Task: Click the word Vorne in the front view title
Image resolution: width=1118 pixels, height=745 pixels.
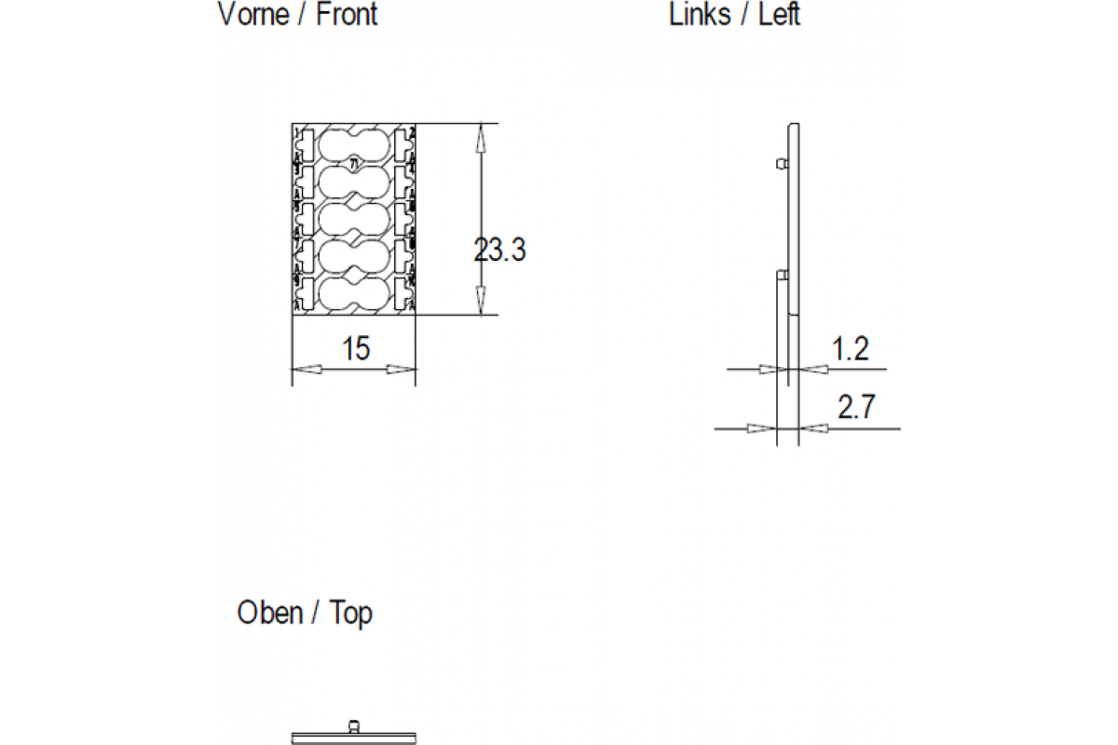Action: tap(253, 15)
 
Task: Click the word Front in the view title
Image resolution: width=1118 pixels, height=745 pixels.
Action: tap(347, 15)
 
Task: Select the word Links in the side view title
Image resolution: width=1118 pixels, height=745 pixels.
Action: tap(700, 15)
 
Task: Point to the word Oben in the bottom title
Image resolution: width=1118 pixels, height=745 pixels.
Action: tap(270, 613)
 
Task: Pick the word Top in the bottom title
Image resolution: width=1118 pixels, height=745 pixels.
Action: tap(350, 613)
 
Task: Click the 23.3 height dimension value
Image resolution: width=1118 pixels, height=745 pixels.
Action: tap(500, 251)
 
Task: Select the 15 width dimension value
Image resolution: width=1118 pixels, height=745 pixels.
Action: tap(355, 349)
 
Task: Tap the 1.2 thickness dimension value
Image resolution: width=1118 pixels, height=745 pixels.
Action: tap(850, 349)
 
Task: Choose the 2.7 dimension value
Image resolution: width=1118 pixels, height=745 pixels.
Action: tap(855, 407)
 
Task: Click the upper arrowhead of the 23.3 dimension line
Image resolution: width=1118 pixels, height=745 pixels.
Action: tap(481, 138)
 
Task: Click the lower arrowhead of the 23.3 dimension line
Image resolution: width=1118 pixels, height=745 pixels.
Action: tap(481, 301)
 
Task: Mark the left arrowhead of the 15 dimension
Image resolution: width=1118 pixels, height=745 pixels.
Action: tap(307, 370)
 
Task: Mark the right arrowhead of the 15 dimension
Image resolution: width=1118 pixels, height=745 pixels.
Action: tap(402, 370)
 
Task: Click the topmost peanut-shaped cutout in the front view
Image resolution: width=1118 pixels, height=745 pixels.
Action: tap(354, 145)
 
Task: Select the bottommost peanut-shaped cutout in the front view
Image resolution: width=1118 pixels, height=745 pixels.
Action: tap(354, 292)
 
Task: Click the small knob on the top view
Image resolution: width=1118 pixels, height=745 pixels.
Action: tap(353, 725)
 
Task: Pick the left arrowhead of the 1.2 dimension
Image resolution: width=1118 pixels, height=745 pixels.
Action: tap(769, 370)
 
